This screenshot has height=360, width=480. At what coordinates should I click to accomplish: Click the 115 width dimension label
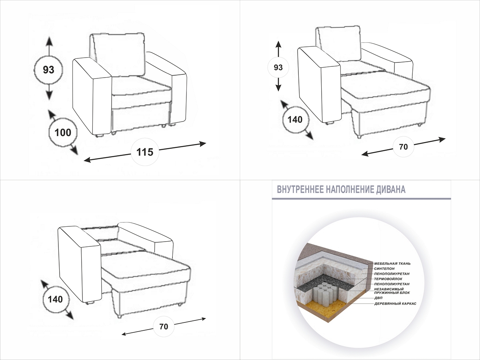coord(145,152)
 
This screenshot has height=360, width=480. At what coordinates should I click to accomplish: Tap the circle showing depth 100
coord(63,132)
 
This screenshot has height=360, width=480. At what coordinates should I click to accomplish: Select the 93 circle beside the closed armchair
coord(48,70)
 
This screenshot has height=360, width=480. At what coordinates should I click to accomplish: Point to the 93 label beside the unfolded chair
coord(278,67)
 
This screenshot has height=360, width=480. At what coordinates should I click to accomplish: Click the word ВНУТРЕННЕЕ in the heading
coord(300,190)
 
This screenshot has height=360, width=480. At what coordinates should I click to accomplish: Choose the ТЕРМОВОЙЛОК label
coord(388,278)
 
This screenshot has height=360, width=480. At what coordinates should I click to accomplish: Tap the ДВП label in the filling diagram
coord(378,298)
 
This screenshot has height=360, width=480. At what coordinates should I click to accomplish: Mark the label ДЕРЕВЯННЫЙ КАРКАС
coord(395,304)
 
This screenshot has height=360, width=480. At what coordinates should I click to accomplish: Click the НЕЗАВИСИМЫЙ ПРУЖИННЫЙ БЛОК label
coord(389,290)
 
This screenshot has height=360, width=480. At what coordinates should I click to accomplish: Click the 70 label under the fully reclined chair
coord(163,326)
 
